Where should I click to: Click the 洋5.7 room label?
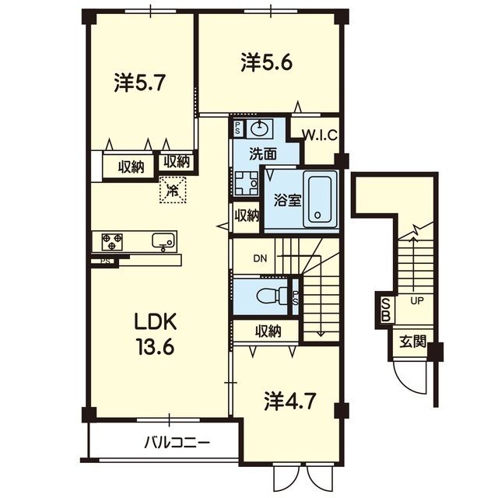[140, 83]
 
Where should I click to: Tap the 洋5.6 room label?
[266, 62]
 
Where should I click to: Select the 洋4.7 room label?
[290, 402]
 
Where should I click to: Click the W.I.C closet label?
[319, 135]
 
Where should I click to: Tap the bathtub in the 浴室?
[320, 199]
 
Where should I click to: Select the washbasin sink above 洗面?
[260, 128]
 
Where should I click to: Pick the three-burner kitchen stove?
[112, 242]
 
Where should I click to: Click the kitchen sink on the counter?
[163, 241]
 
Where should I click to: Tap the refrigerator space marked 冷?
[173, 190]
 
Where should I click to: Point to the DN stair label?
[260, 258]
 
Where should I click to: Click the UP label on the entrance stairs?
[417, 301]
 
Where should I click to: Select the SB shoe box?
[386, 309]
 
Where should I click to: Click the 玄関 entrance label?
[412, 342]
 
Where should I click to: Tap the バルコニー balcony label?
[177, 442]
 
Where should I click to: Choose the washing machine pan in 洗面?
[247, 184]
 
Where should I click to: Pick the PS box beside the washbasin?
[237, 128]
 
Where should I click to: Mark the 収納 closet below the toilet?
[268, 331]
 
